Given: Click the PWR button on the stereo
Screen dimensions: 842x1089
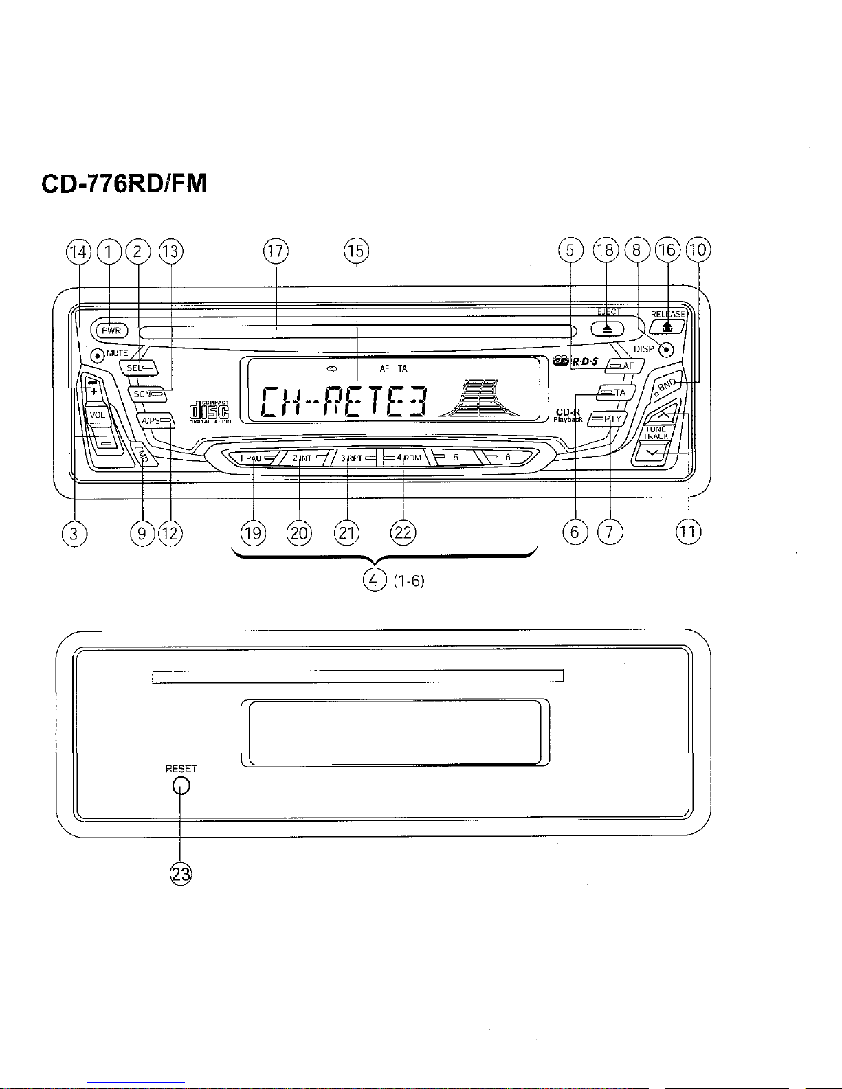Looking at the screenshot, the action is pyautogui.click(x=111, y=330).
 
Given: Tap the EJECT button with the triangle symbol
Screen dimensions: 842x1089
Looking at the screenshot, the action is pyautogui.click(x=608, y=328).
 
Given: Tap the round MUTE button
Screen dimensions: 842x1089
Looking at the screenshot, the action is pyautogui.click(x=97, y=356).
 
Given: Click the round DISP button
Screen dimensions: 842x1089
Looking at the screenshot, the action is pyautogui.click(x=665, y=350).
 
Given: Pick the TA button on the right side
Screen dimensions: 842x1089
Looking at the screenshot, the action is pyautogui.click(x=612, y=393).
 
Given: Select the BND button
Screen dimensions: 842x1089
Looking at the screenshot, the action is pyautogui.click(x=667, y=385).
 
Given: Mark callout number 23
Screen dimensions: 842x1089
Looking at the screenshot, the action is pyautogui.click(x=180, y=874).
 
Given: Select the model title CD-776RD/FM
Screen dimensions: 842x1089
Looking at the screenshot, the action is pyautogui.click(x=124, y=184).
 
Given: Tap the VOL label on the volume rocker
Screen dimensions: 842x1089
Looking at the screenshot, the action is pyautogui.click(x=97, y=415).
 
